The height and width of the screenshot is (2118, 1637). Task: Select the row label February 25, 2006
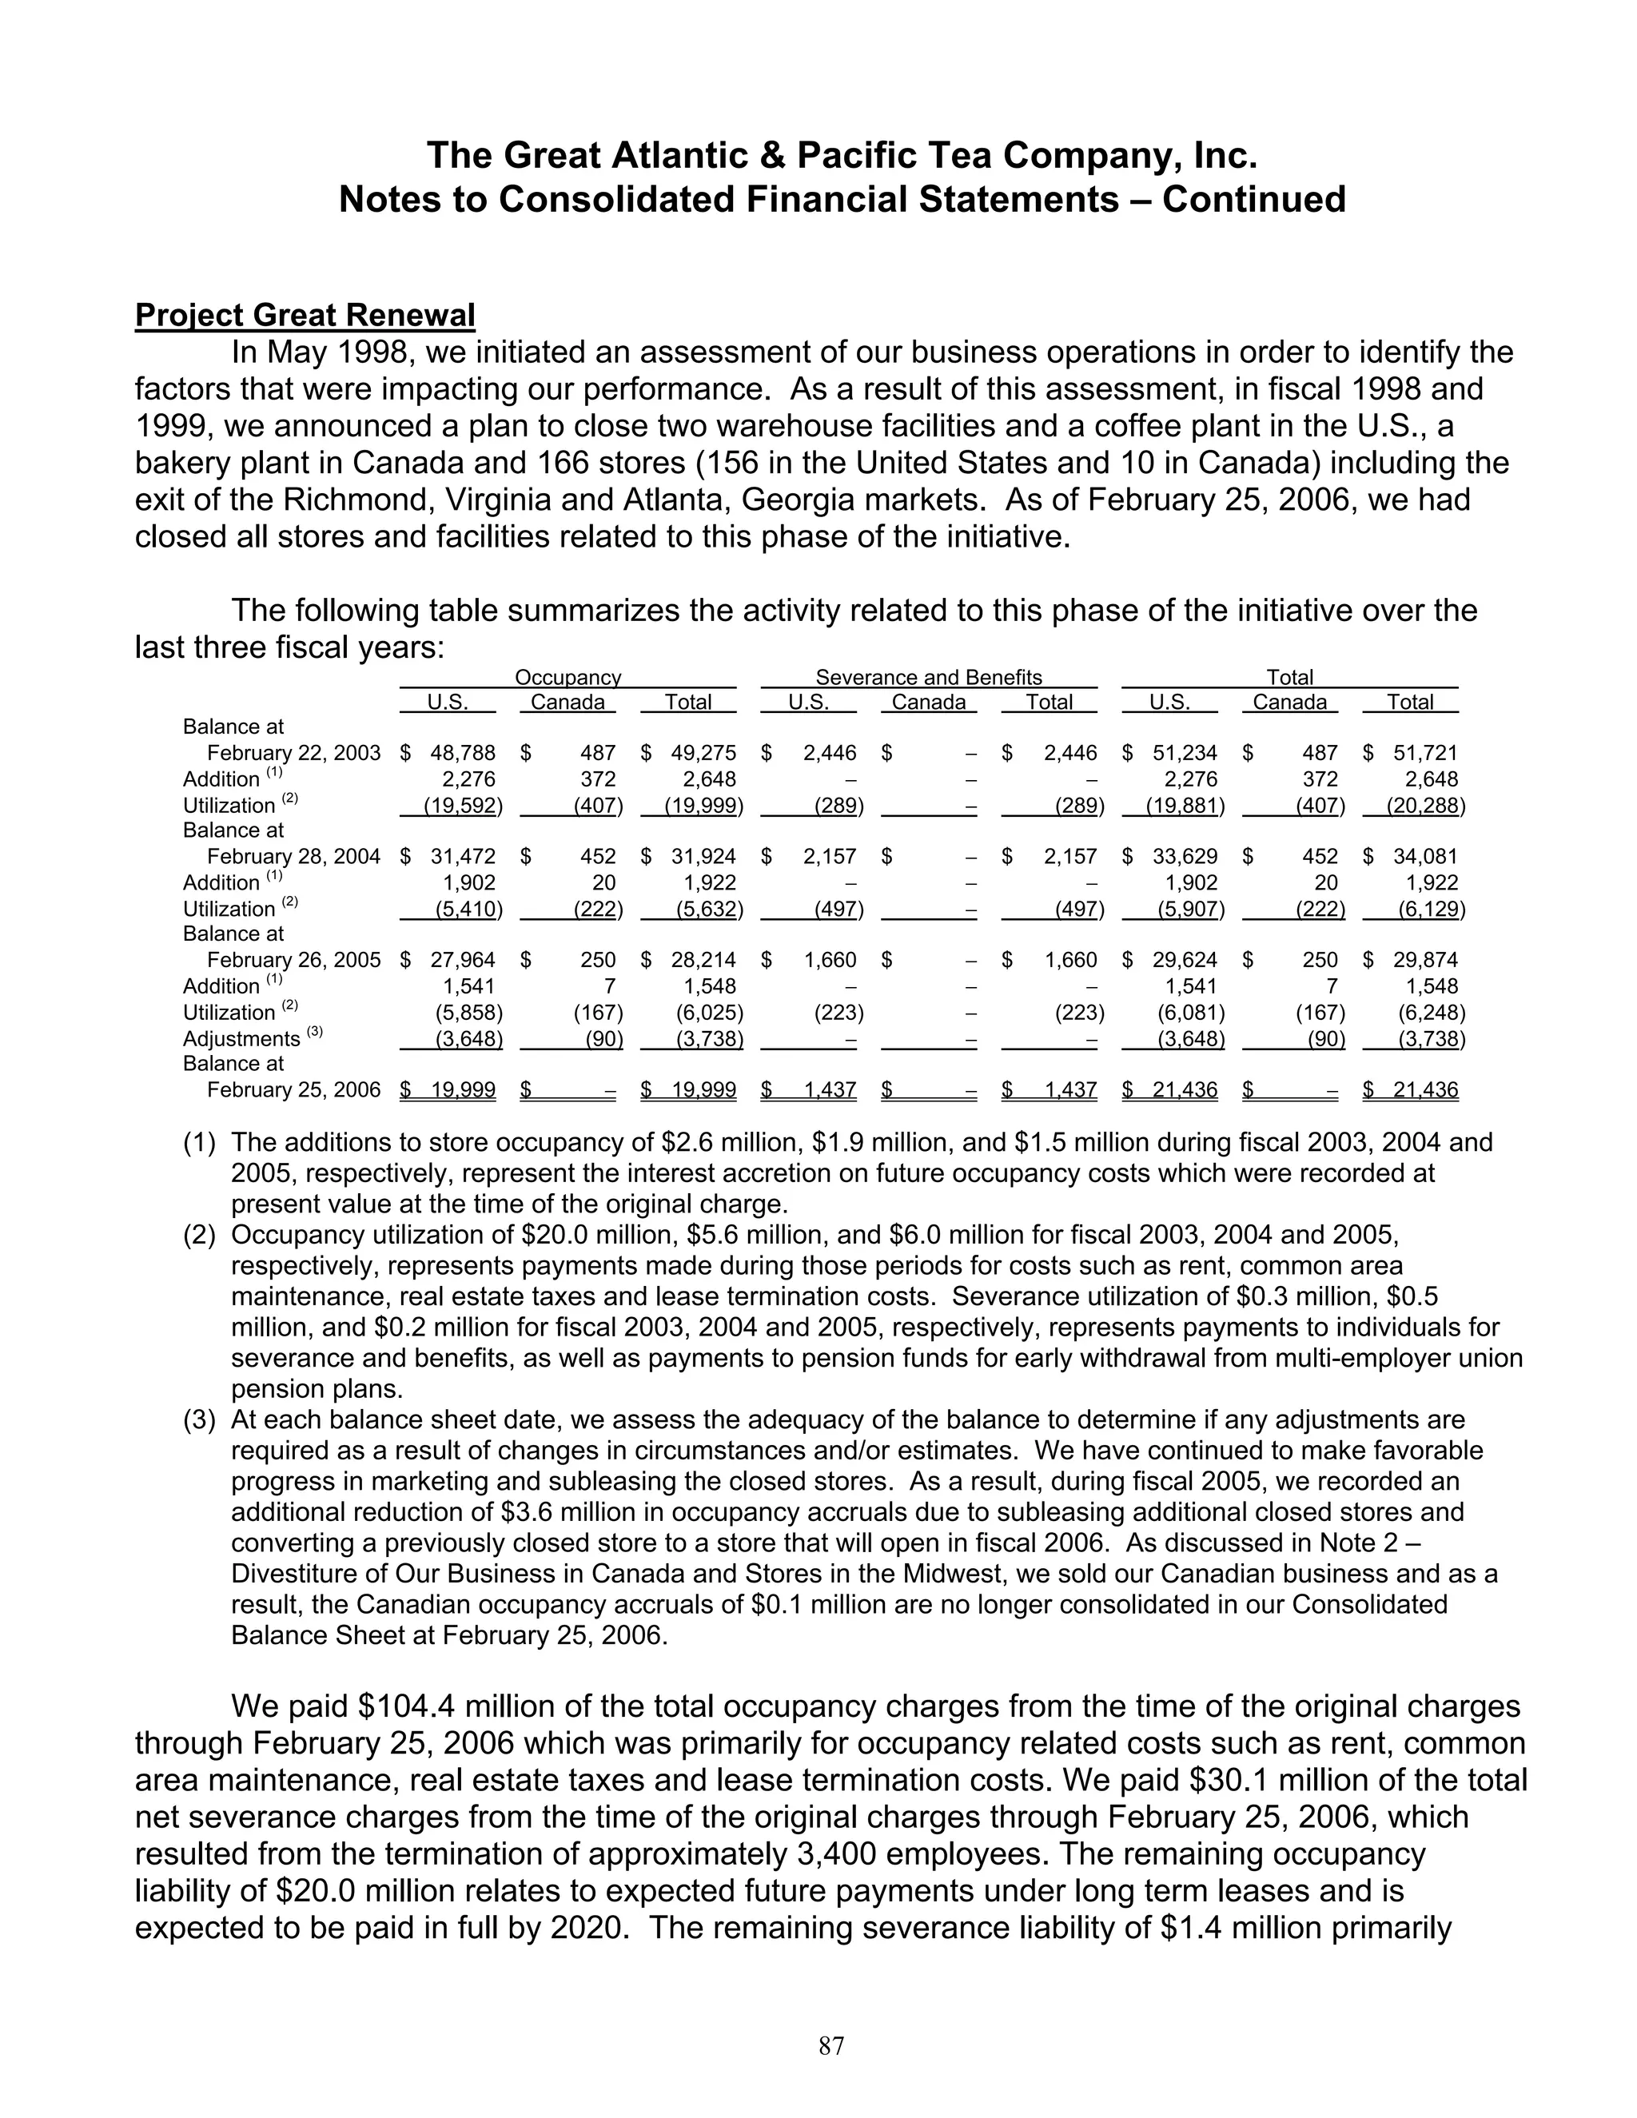[x=294, y=1090]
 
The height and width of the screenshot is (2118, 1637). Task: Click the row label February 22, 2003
[x=294, y=754]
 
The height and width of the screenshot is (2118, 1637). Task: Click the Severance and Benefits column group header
[x=928, y=678]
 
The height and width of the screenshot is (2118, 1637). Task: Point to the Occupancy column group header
[x=568, y=678]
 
